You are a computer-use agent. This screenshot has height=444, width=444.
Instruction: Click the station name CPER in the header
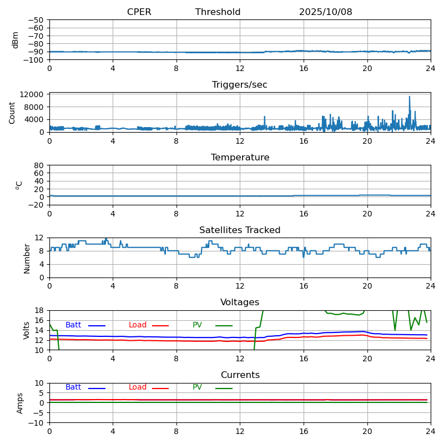click(139, 12)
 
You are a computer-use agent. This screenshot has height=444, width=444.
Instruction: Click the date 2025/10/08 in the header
click(325, 12)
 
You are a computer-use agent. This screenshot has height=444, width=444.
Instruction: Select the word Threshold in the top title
click(218, 12)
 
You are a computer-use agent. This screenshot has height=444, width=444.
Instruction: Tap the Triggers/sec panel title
click(240, 85)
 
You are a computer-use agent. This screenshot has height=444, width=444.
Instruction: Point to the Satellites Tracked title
click(240, 230)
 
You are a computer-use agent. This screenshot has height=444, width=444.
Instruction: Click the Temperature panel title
click(240, 158)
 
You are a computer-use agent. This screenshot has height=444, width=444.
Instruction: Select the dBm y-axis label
click(16, 40)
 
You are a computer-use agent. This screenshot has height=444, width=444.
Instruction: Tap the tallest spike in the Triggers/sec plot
click(410, 97)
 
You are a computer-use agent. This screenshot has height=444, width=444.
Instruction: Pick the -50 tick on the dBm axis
click(38, 20)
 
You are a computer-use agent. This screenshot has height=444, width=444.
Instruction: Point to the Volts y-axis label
click(27, 330)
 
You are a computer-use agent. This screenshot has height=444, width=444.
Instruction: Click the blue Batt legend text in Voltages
click(73, 325)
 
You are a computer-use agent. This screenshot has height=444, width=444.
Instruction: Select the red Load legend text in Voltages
click(138, 325)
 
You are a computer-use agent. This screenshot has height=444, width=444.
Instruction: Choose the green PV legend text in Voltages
click(198, 325)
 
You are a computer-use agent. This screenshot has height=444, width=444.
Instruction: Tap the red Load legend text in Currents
click(138, 387)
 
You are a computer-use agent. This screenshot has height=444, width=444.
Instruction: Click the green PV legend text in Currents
click(198, 387)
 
